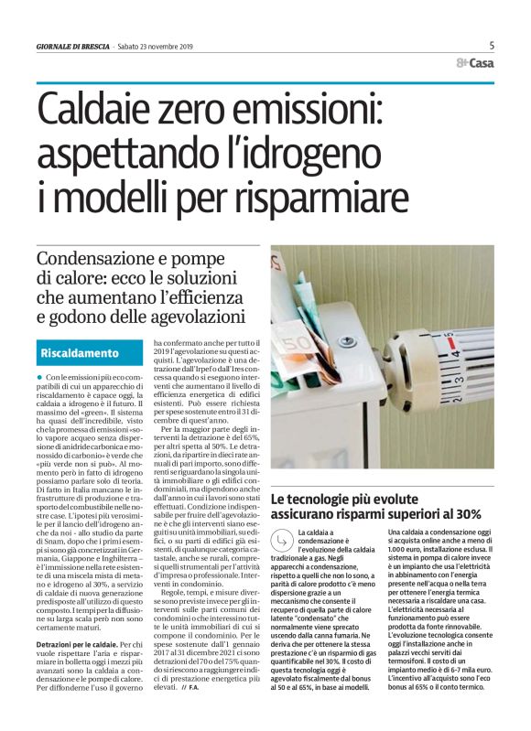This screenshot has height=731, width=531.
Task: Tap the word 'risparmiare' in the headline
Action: (x=317, y=195)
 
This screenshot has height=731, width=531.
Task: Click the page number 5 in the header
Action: (x=492, y=45)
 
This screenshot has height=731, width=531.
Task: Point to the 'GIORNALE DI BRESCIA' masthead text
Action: (x=72, y=46)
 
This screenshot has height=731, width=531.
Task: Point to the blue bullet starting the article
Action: (x=40, y=377)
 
